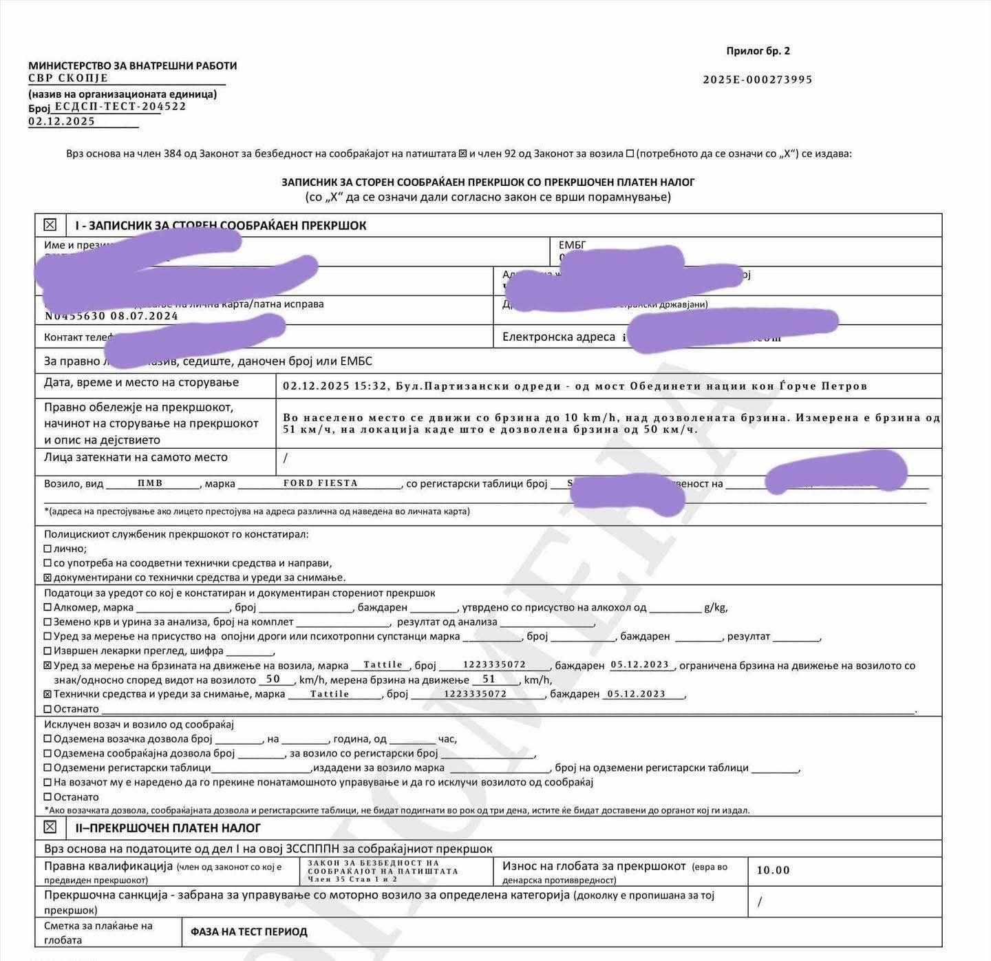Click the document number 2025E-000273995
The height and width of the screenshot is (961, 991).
coord(757,80)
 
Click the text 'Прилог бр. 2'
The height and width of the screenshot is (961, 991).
coord(758,51)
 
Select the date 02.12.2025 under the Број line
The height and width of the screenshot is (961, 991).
coord(62,122)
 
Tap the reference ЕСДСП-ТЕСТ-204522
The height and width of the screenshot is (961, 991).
coord(120,107)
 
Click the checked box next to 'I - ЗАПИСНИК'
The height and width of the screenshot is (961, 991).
coord(50,225)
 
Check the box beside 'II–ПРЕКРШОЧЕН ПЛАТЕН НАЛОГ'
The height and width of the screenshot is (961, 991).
coord(50,827)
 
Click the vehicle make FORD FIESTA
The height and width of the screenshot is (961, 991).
coord(321,483)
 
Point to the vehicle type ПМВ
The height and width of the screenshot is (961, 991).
coord(150,483)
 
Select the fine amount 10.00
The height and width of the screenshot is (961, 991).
coord(773,870)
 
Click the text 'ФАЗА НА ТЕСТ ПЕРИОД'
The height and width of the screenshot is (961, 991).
coord(249,932)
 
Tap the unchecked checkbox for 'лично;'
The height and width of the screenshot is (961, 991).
coord(47,549)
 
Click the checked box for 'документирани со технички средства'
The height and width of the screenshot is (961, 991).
coord(47,578)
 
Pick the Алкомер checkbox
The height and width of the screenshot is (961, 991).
coord(47,607)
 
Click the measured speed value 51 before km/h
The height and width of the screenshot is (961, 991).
coord(489,679)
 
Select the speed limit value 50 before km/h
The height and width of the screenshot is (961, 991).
coord(273,679)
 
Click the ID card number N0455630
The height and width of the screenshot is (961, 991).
coord(75,316)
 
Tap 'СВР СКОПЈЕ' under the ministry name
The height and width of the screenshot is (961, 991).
coord(68,78)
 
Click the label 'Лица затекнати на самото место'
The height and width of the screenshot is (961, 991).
coord(136,457)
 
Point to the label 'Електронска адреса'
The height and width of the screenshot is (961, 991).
coord(559,337)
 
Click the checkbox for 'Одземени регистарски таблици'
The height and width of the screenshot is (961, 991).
coord(47,768)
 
